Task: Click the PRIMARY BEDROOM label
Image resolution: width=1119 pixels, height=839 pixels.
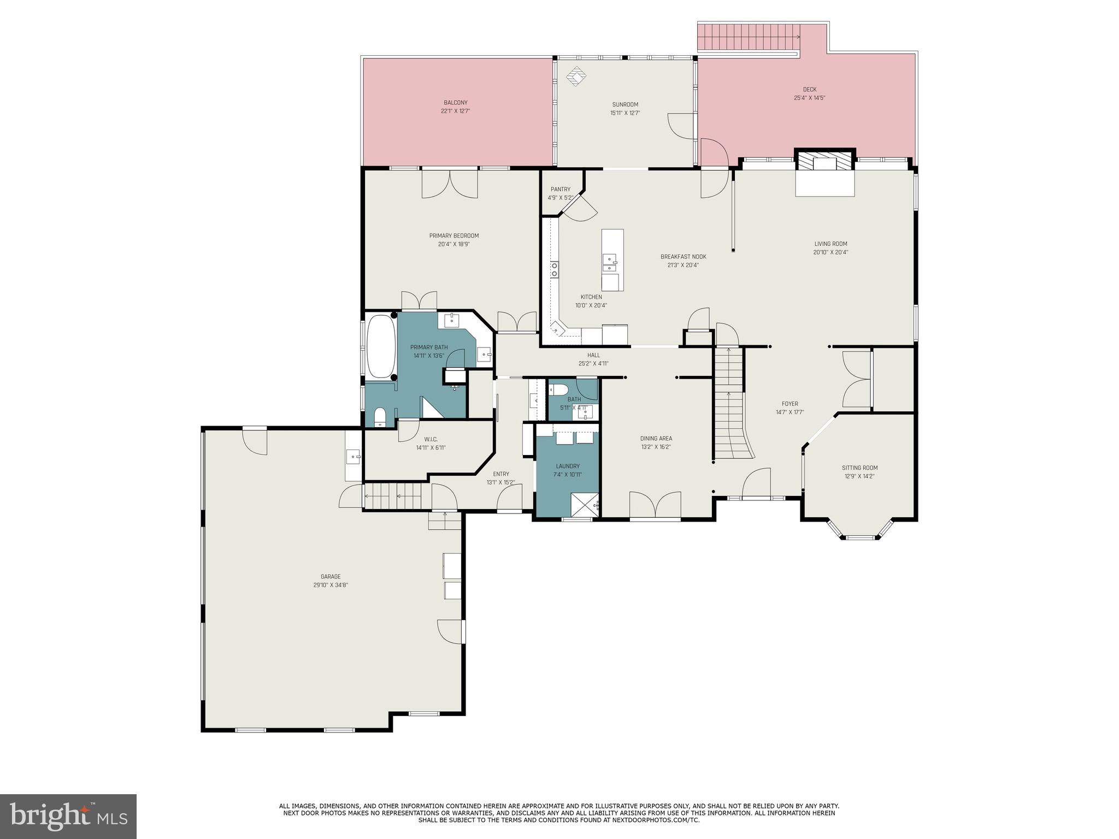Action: click(x=454, y=236)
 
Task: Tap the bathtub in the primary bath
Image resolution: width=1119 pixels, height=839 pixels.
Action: click(x=381, y=346)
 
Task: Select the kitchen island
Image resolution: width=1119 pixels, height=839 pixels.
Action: click(x=612, y=260)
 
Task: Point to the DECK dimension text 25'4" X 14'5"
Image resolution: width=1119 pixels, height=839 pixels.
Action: click(x=809, y=98)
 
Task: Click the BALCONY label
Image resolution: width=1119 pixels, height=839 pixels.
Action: click(x=455, y=103)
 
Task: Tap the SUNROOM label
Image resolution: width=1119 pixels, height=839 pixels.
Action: click(x=625, y=104)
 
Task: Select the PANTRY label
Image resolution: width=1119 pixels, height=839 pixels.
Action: click(x=561, y=190)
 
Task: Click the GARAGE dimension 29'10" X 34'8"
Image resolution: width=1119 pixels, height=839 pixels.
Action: click(x=331, y=585)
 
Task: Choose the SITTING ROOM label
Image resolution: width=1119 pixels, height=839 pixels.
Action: click(x=859, y=468)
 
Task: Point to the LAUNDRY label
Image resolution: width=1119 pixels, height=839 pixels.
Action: click(x=568, y=466)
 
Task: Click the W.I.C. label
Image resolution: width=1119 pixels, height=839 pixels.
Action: click(x=431, y=439)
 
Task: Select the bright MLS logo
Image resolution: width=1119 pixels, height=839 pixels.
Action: click(x=68, y=817)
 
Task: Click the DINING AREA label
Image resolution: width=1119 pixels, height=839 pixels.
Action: click(x=656, y=438)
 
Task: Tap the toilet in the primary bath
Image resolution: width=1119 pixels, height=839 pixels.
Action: click(x=380, y=417)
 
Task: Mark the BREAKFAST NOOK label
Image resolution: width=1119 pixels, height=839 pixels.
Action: click(x=683, y=257)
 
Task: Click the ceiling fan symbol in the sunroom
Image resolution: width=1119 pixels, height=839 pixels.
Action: click(x=575, y=76)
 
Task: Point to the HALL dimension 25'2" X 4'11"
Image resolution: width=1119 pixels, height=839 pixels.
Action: click(x=593, y=364)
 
